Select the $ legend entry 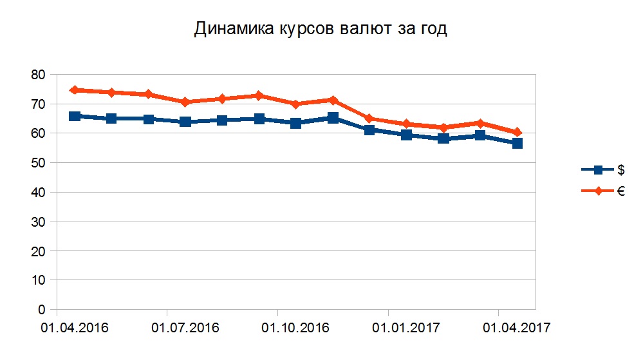click(620, 170)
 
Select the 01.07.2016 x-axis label click(185, 328)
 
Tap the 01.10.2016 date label click(295, 328)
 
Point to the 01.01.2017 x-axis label click(406, 328)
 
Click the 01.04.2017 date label click(516, 328)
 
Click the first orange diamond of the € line click(75, 90)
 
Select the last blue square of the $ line click(517, 143)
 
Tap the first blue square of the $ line click(75, 116)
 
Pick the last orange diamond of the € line click(517, 132)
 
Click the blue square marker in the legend click(598, 170)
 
